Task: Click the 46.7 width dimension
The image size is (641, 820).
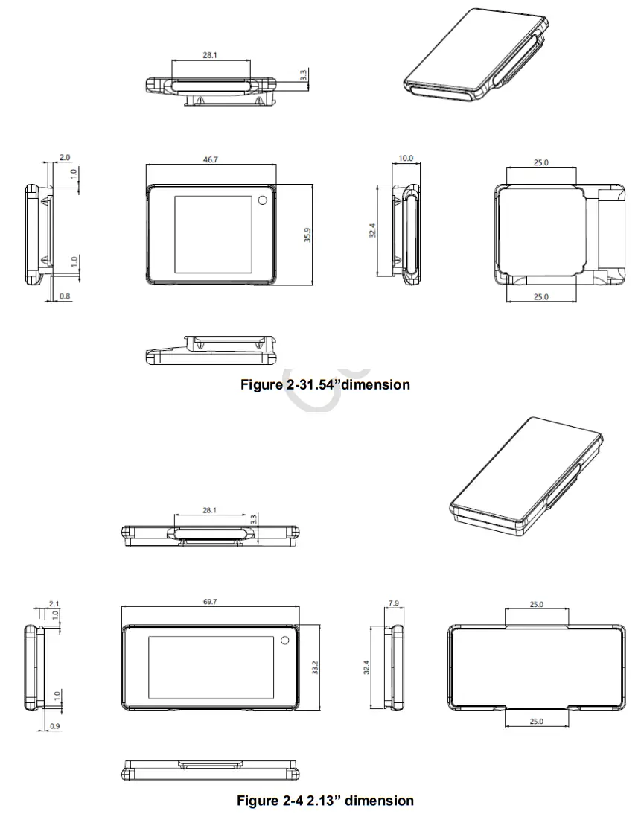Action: (x=210, y=159)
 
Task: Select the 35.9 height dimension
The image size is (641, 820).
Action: (x=307, y=235)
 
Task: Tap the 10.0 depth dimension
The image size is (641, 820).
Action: (x=405, y=159)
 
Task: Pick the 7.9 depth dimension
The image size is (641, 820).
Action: (x=394, y=601)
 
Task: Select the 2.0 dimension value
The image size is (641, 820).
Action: (x=64, y=158)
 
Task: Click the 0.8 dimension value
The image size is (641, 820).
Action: (x=64, y=297)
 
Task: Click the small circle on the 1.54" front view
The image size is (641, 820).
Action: (x=263, y=201)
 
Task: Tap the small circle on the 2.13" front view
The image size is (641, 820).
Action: (x=284, y=641)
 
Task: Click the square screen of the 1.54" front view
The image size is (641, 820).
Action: (x=213, y=233)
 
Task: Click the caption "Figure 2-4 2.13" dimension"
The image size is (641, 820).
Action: (x=325, y=801)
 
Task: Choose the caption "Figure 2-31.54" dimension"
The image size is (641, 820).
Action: (x=325, y=384)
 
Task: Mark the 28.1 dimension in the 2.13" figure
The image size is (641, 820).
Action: (x=210, y=511)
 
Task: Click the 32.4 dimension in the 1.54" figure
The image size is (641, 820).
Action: (x=373, y=230)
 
